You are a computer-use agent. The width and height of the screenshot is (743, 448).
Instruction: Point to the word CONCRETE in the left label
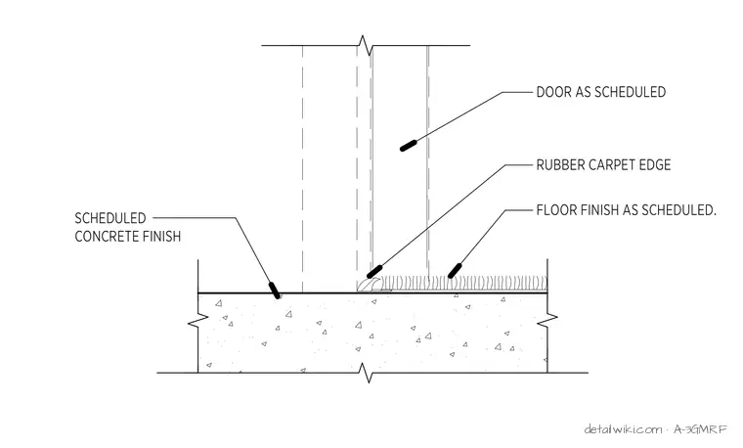click(x=108, y=236)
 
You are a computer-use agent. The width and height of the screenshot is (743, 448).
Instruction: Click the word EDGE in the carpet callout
click(x=658, y=165)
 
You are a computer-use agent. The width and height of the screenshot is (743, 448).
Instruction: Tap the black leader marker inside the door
click(x=408, y=146)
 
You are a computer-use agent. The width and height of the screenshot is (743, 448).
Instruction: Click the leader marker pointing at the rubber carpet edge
click(x=374, y=272)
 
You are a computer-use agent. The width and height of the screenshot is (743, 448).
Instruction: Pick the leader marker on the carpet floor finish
click(x=455, y=271)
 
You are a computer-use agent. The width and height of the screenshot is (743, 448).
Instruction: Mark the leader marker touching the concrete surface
click(x=275, y=291)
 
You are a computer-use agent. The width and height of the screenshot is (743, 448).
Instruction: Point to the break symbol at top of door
click(x=365, y=46)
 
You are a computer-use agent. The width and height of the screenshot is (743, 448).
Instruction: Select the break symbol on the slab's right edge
click(x=547, y=320)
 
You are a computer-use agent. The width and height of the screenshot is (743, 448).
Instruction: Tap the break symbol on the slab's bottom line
click(x=366, y=373)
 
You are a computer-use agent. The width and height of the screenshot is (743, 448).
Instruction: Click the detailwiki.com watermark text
click(x=623, y=429)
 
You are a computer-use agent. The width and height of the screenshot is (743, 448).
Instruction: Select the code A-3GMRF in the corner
click(x=700, y=429)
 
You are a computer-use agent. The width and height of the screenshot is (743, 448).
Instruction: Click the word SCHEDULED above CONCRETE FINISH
click(x=110, y=218)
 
